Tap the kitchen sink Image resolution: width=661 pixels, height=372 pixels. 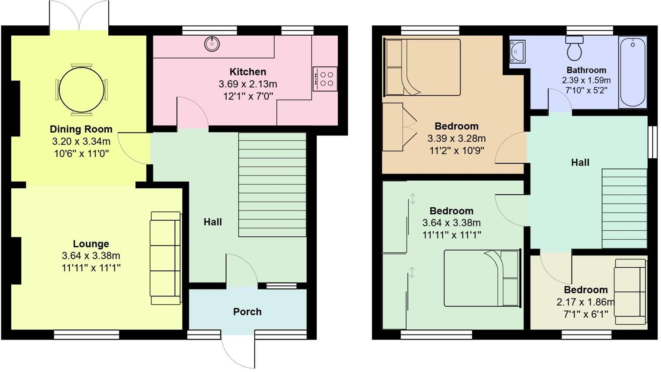[x=212, y=43]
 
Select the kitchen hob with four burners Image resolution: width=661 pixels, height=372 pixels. [x=325, y=79]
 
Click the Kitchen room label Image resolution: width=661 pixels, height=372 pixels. [x=247, y=72]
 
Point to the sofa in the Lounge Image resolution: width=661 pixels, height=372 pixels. [x=165, y=258]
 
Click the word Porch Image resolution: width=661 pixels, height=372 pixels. [x=247, y=312]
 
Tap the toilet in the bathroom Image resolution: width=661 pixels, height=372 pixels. [x=574, y=48]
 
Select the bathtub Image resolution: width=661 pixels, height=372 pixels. [x=633, y=72]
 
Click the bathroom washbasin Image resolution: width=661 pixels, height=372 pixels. [x=517, y=51]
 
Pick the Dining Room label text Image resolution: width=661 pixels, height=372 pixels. [x=81, y=129]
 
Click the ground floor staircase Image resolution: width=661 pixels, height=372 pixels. [x=272, y=185]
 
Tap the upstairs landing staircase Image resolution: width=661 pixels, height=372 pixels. [x=624, y=208]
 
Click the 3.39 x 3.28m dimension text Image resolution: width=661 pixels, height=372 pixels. [x=456, y=139]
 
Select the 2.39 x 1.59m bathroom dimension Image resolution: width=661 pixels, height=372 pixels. [x=586, y=80]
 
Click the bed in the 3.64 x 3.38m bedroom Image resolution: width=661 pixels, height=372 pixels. [x=482, y=278]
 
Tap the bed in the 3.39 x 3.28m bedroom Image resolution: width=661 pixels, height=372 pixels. [x=422, y=67]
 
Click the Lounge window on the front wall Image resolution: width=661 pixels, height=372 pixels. [x=87, y=334]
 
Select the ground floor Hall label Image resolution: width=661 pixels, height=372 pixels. [x=213, y=222]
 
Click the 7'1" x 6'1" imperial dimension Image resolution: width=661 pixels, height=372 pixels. [x=585, y=314]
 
